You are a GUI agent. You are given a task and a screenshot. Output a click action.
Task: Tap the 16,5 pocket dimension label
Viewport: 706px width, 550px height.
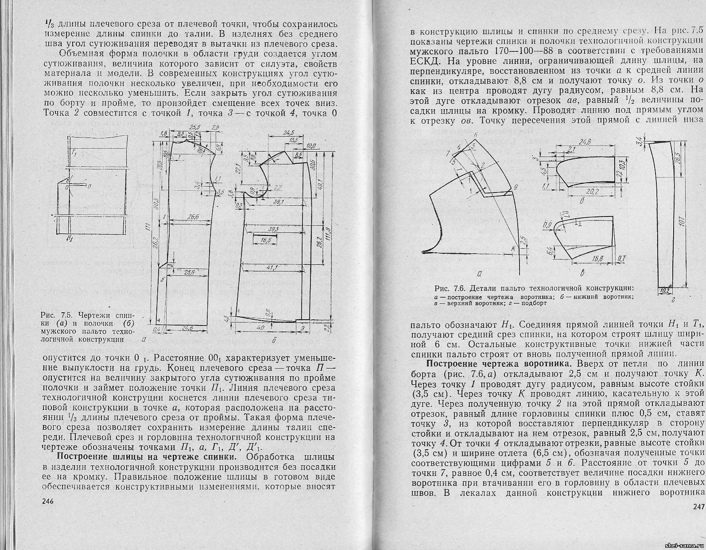(x=266, y=240)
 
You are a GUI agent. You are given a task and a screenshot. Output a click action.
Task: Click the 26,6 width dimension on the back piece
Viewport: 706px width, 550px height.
(x=193, y=216)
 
